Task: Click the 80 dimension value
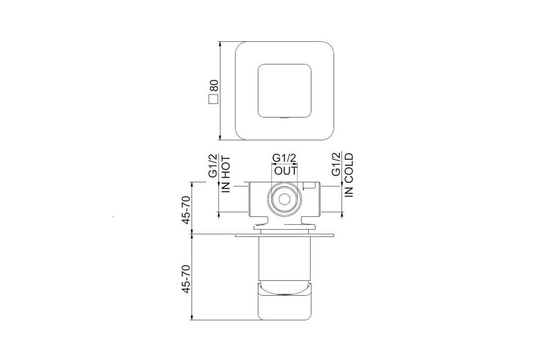click(214, 85)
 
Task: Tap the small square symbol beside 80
click(213, 99)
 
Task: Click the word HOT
click(226, 167)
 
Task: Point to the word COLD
click(349, 165)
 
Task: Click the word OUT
click(286, 171)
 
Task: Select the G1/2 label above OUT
click(284, 158)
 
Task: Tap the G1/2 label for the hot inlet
click(212, 166)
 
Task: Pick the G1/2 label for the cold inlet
click(336, 164)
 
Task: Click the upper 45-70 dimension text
click(186, 210)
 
